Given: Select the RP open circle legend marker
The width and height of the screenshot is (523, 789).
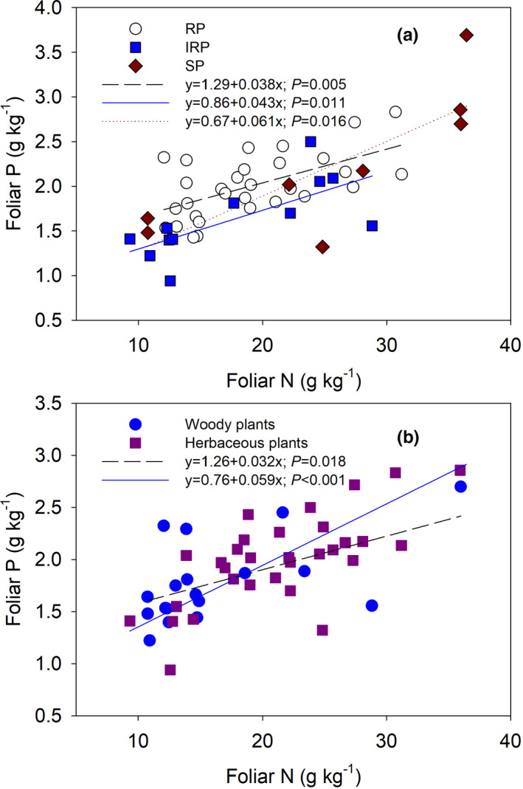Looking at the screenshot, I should coord(135,29).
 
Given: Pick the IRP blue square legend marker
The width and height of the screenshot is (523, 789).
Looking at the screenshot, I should coord(135,47).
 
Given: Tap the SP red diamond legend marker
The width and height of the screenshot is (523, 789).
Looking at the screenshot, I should coord(135,66).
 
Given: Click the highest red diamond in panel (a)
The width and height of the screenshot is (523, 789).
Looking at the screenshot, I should coord(466,35).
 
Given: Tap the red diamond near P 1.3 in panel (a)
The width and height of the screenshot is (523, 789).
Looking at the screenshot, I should coord(322,247).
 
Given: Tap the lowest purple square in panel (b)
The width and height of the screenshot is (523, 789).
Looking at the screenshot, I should coord(170,669).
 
